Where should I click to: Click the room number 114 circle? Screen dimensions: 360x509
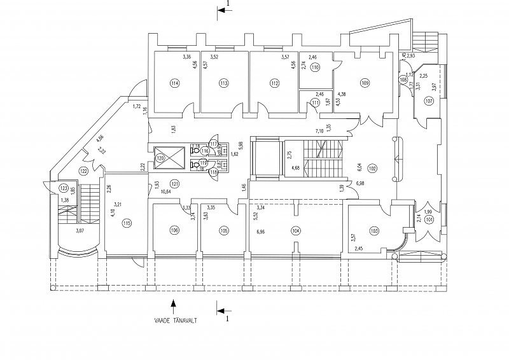coord(174,83)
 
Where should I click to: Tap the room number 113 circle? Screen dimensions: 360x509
coord(223,83)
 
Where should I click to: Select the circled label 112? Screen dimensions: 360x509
coord(274,83)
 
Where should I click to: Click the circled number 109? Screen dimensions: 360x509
coord(365,83)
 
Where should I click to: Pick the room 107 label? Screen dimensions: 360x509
coord(429,101)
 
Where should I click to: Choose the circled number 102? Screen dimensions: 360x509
coord(372,168)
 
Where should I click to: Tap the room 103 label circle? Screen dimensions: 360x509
coord(373,230)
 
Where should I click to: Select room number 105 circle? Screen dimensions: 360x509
coord(223,230)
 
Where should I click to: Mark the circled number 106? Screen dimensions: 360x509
coord(174,230)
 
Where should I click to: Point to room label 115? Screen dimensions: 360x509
coord(127,223)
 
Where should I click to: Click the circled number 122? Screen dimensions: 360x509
coord(83,171)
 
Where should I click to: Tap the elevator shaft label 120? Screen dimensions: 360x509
coord(160,157)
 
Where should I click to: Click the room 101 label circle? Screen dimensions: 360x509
coord(429,221)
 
